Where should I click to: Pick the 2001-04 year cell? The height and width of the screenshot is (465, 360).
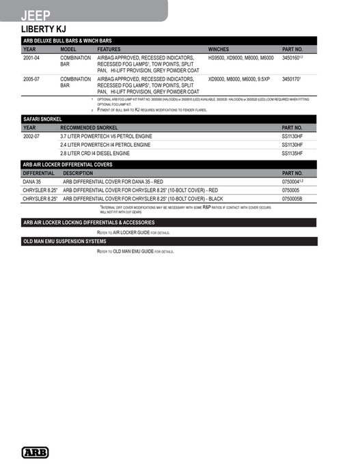31,59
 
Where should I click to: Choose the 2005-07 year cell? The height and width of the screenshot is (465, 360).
31,79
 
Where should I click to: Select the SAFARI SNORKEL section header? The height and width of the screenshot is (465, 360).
43,119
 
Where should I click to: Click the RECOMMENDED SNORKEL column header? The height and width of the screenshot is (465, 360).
89,128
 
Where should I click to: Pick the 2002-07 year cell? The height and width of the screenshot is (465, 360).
31,137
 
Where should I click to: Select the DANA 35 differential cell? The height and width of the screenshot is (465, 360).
33,182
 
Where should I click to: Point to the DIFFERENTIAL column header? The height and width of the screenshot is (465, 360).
38,173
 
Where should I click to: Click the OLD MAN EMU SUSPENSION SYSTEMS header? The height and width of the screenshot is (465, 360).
65,242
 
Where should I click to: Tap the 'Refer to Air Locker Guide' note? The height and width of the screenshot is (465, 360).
133,232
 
